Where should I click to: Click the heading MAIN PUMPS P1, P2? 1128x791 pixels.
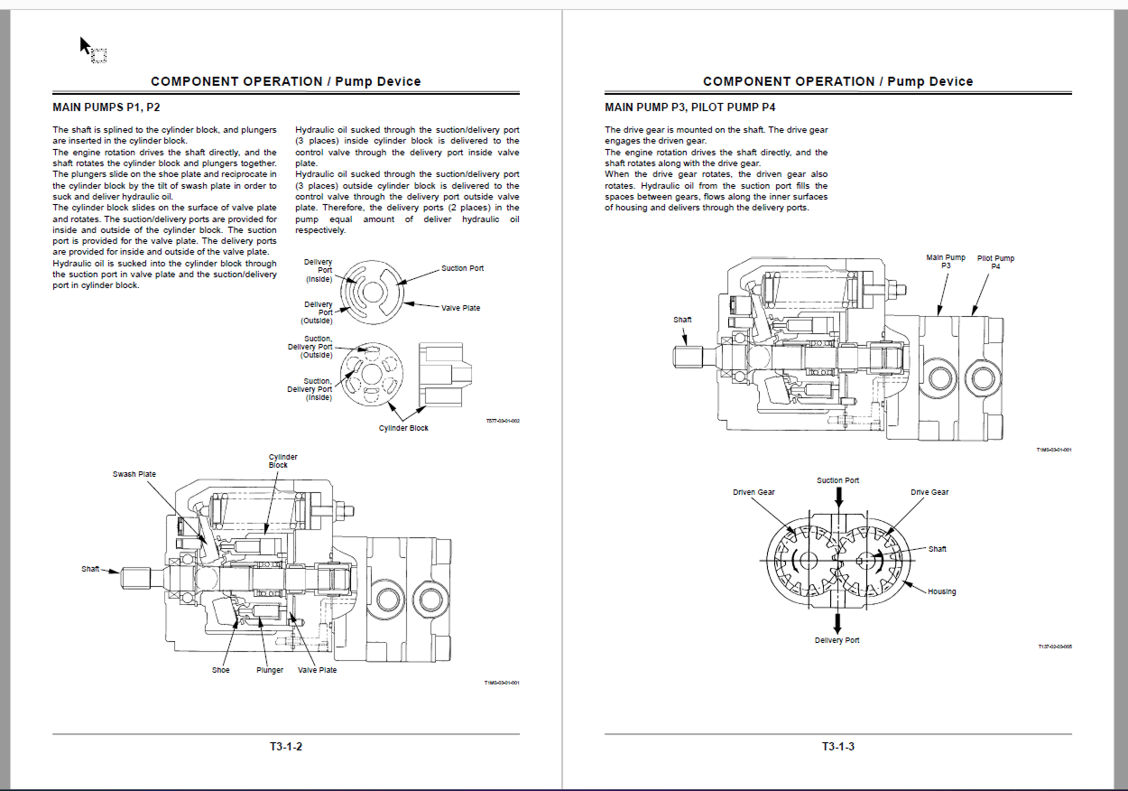click(x=106, y=107)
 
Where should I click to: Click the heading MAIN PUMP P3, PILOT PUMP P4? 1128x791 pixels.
click(x=689, y=107)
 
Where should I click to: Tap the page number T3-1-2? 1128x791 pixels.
click(x=285, y=747)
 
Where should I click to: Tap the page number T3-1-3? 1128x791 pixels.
click(x=837, y=747)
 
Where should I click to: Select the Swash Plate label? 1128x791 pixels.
click(x=134, y=474)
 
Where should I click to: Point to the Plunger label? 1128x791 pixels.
click(x=270, y=670)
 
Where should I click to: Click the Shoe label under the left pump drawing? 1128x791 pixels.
click(x=221, y=670)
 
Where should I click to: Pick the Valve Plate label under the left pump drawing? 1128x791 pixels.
click(x=318, y=670)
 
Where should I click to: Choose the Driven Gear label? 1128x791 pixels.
click(x=754, y=492)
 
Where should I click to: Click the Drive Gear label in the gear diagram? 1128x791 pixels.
click(x=929, y=492)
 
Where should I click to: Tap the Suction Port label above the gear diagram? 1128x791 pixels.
click(x=838, y=480)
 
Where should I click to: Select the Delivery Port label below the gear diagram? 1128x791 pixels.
click(x=837, y=640)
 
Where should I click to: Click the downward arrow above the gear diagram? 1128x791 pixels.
click(x=839, y=496)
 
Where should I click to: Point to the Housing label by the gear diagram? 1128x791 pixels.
click(x=942, y=591)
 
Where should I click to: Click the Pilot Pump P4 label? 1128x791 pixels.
click(x=995, y=262)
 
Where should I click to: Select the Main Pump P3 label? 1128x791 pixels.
click(x=946, y=261)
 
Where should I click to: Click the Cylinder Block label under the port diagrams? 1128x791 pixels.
click(x=403, y=428)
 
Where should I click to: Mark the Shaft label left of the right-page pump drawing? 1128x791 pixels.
click(x=682, y=320)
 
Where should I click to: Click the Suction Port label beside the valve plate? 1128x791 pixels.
click(x=462, y=268)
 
